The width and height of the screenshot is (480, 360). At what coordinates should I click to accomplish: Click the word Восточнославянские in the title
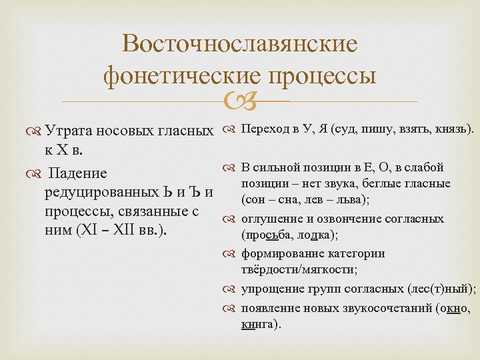pyautogui.click(x=240, y=44)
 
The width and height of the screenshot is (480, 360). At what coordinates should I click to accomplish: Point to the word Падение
pyautogui.click(x=79, y=173)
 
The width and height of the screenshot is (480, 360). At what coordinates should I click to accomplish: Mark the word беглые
pyautogui.click(x=391, y=184)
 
